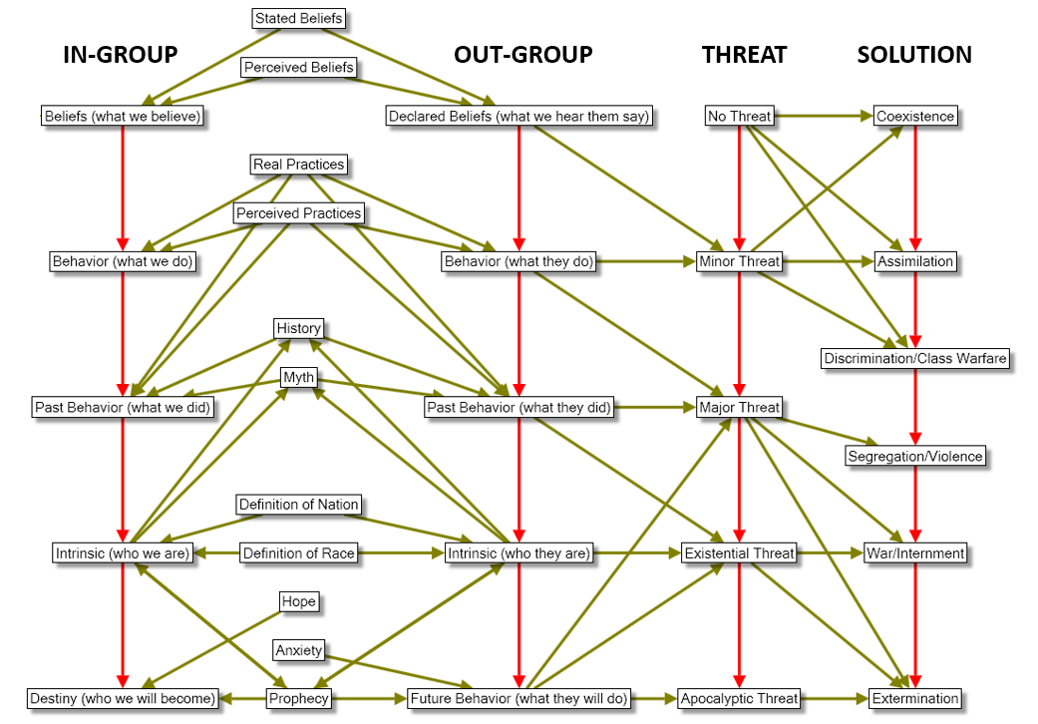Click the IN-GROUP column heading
(x=120, y=55)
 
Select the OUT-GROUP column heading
(x=522, y=55)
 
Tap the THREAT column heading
(x=744, y=55)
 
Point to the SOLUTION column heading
(x=914, y=55)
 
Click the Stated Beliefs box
(x=299, y=18)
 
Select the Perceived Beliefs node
(x=299, y=68)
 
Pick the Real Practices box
(x=299, y=165)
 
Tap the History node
(x=299, y=328)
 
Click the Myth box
(x=299, y=377)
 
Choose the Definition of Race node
(x=299, y=553)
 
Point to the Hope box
(x=299, y=601)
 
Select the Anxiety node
(x=299, y=650)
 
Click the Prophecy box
(x=299, y=699)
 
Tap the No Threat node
(x=739, y=117)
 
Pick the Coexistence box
(x=915, y=117)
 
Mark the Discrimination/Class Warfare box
(x=915, y=358)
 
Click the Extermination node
(x=915, y=699)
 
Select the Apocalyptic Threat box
(x=739, y=699)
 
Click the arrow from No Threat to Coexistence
(x=824, y=117)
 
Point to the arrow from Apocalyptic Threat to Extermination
(x=834, y=699)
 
